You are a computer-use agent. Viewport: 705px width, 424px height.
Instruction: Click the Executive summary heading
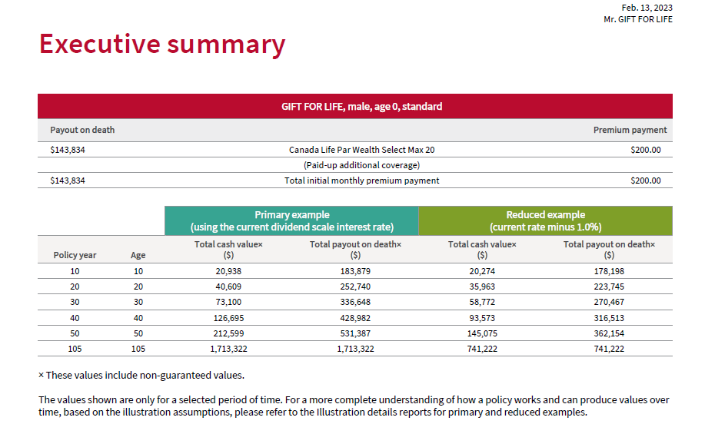coord(161,45)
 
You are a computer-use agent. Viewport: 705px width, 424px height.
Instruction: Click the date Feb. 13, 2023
coord(647,8)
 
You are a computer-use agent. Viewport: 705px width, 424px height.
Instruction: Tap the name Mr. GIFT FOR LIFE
coord(637,19)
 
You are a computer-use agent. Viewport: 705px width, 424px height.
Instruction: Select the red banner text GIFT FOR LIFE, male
coord(361,107)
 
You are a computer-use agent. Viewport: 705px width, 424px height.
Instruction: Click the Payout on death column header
coord(82,130)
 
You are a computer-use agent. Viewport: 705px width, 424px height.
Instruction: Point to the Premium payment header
coord(630,130)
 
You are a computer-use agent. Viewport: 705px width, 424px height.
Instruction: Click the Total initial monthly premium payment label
coord(361,181)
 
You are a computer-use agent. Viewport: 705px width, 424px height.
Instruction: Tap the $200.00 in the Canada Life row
coord(645,150)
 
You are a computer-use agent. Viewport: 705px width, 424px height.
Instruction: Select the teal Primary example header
coord(291,220)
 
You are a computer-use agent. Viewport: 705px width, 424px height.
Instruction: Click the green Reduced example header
coord(545,220)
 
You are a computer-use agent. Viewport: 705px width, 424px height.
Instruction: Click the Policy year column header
coord(75,255)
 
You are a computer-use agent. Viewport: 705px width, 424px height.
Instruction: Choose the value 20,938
coord(228,271)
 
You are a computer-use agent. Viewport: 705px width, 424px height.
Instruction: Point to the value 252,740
coord(355,287)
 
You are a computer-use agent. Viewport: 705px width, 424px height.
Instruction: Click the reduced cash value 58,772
coord(482,302)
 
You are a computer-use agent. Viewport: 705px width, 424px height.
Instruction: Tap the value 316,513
coord(609,317)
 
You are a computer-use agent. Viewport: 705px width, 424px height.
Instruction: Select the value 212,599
coord(228,333)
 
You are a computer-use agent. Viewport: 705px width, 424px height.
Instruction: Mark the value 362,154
coord(609,333)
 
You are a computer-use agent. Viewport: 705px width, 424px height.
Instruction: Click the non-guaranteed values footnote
coord(141,375)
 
